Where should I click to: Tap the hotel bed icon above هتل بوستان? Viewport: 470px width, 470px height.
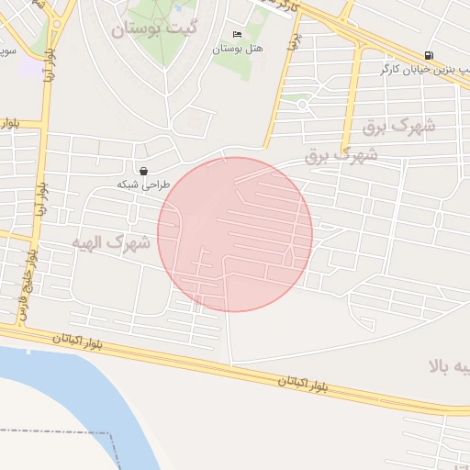(237, 35)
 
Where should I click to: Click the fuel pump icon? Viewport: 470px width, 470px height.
(430, 56)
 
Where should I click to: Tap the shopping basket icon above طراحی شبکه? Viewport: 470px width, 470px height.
(144, 170)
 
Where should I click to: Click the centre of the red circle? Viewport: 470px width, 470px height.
(235, 234)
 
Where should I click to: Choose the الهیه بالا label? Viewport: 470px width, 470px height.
(450, 367)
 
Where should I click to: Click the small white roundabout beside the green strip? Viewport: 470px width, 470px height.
(302, 104)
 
